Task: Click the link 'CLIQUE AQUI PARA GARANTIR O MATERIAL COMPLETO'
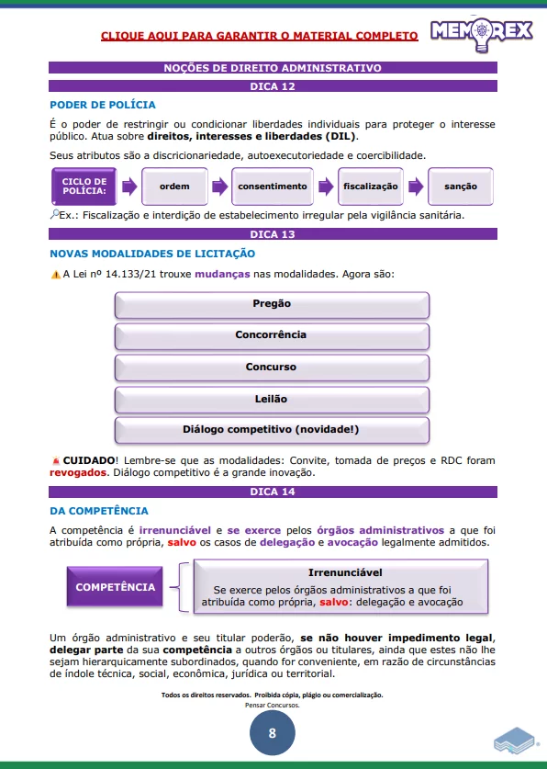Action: click(259, 36)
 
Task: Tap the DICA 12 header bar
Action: click(273, 85)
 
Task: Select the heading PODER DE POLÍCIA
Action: click(102, 105)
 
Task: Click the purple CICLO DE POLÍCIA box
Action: click(84, 187)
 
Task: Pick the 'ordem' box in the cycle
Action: click(174, 187)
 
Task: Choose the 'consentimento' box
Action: click(273, 187)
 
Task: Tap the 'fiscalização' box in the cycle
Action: click(371, 187)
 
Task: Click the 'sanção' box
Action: click(461, 187)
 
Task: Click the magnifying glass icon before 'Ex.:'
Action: click(53, 215)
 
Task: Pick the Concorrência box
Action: click(272, 335)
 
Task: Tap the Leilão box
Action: click(272, 399)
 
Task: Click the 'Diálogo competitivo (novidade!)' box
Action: click(272, 429)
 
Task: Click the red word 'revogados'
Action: click(75, 473)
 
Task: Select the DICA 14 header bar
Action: click(273, 492)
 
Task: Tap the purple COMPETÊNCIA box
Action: click(116, 587)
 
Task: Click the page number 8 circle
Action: click(273, 733)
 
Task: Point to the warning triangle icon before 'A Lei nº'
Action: click(54, 275)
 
